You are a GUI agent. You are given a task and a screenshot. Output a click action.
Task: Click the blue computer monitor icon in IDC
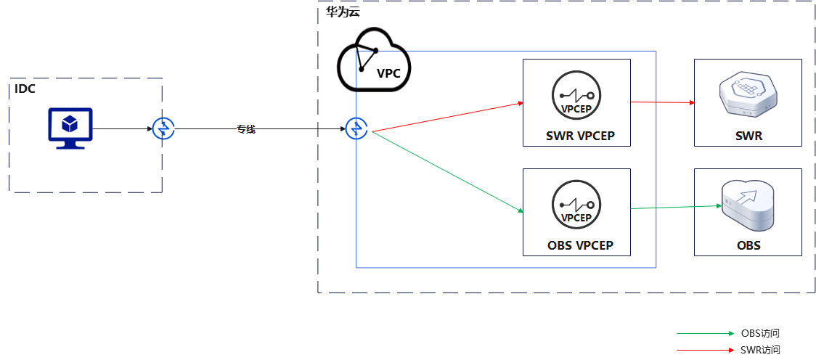(x=70, y=127)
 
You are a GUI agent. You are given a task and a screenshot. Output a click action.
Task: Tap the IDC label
(x=25, y=89)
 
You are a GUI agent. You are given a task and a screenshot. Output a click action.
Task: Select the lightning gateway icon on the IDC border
(x=163, y=129)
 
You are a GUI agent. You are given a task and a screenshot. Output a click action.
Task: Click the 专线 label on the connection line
(x=246, y=130)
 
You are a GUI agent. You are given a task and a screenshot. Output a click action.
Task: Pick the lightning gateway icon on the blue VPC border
(x=356, y=129)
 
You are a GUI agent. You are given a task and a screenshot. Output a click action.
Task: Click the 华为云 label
(x=343, y=12)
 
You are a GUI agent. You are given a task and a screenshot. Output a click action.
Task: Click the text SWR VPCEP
(x=577, y=136)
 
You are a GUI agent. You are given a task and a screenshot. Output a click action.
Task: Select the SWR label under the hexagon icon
(x=748, y=136)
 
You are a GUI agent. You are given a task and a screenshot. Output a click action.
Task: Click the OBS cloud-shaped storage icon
(x=748, y=204)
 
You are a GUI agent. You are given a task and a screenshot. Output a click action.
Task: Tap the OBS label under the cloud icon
(x=748, y=245)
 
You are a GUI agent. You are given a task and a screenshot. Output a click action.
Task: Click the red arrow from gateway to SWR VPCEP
(x=446, y=118)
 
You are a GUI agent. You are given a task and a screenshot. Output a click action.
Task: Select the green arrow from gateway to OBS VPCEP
(x=446, y=171)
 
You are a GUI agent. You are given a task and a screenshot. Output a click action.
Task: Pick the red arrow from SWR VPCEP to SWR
(x=662, y=102)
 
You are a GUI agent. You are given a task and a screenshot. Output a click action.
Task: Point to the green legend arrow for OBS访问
(x=705, y=333)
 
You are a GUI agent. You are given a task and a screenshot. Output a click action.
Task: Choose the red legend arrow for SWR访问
(x=705, y=351)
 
